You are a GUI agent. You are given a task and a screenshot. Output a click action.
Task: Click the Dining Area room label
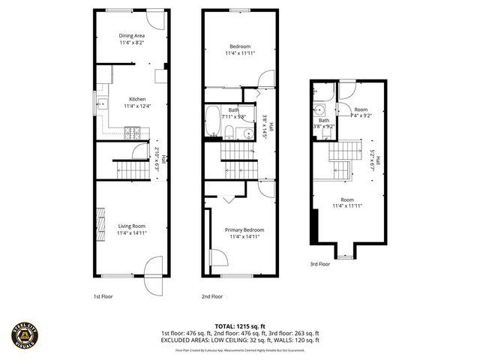131,35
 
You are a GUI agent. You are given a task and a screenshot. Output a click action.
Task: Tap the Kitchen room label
137,99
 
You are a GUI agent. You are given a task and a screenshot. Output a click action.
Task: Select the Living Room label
131,226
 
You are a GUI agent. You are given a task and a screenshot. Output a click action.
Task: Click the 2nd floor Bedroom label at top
240,46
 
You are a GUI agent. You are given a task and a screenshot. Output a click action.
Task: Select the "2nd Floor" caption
211,296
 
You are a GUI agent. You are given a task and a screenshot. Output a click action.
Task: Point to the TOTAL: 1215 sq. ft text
239,326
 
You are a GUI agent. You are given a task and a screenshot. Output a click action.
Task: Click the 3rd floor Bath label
324,120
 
